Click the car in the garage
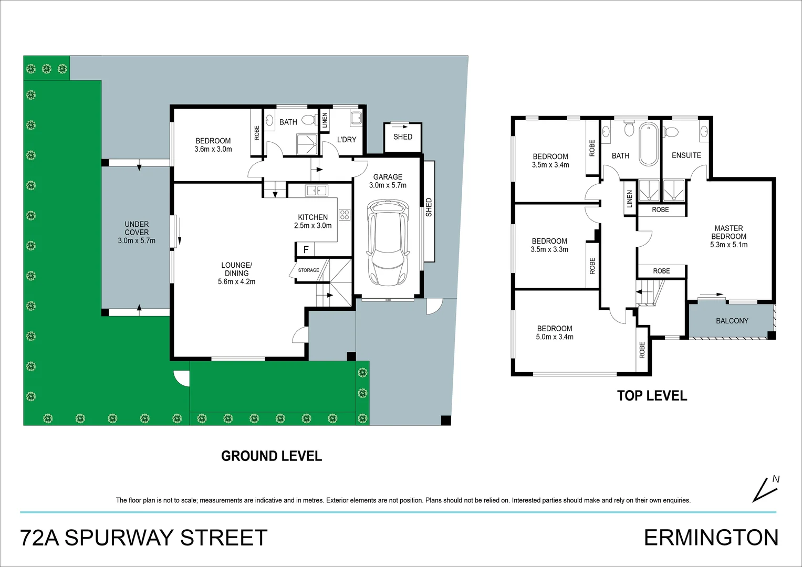pyautogui.click(x=388, y=243)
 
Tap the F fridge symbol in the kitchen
pyautogui.click(x=306, y=249)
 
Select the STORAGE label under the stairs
pyautogui.click(x=308, y=270)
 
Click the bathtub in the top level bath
pyautogui.click(x=649, y=144)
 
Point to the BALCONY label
pyautogui.click(x=732, y=321)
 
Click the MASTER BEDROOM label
pyautogui.click(x=728, y=232)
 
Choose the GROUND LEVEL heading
pyautogui.click(x=272, y=456)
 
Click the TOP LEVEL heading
pyautogui.click(x=652, y=395)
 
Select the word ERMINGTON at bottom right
pyautogui.click(x=711, y=538)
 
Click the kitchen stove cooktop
pyautogui.click(x=345, y=215)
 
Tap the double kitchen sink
pyautogui.click(x=317, y=191)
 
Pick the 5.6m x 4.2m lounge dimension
pyautogui.click(x=237, y=282)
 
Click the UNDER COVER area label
pyautogui.click(x=137, y=228)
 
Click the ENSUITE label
pyautogui.click(x=686, y=155)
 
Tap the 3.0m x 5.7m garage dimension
pyautogui.click(x=388, y=185)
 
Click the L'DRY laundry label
pyautogui.click(x=347, y=140)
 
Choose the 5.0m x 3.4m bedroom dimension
pyautogui.click(x=555, y=337)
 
